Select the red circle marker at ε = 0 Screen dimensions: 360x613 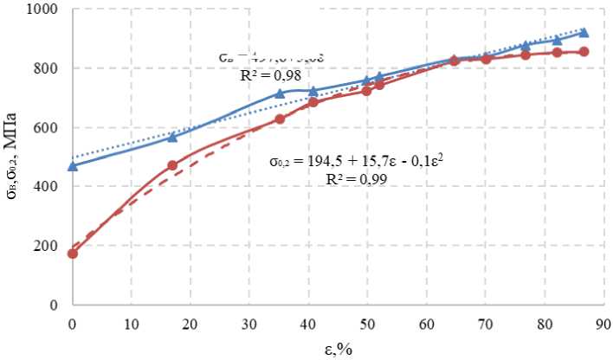[73, 254]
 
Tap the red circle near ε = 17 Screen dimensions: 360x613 [172, 165]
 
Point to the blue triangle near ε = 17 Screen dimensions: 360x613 [172, 137]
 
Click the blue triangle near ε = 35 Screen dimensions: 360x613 [280, 93]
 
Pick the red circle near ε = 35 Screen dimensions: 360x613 [280, 119]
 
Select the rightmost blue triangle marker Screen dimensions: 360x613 [584, 33]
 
